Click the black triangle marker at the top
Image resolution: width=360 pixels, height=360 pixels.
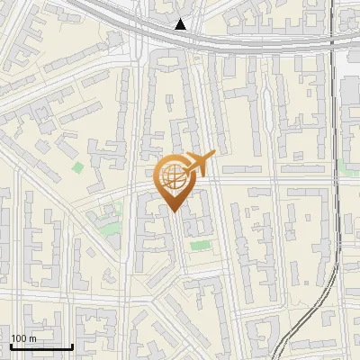(x=181, y=24)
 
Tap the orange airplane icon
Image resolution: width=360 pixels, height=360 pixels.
(x=199, y=164)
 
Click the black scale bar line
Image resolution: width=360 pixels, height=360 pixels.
(x=41, y=346)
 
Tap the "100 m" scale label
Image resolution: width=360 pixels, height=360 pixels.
(x=23, y=338)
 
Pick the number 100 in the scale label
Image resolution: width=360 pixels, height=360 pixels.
(x=19, y=338)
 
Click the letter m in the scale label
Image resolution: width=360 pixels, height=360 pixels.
(x=31, y=338)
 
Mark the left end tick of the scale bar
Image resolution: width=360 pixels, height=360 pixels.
(x=11, y=345)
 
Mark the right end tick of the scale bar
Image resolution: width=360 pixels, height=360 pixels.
(x=72, y=345)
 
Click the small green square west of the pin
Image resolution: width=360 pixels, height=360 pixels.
(x=78, y=167)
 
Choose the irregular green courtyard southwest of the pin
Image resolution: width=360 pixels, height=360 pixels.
(x=110, y=221)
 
